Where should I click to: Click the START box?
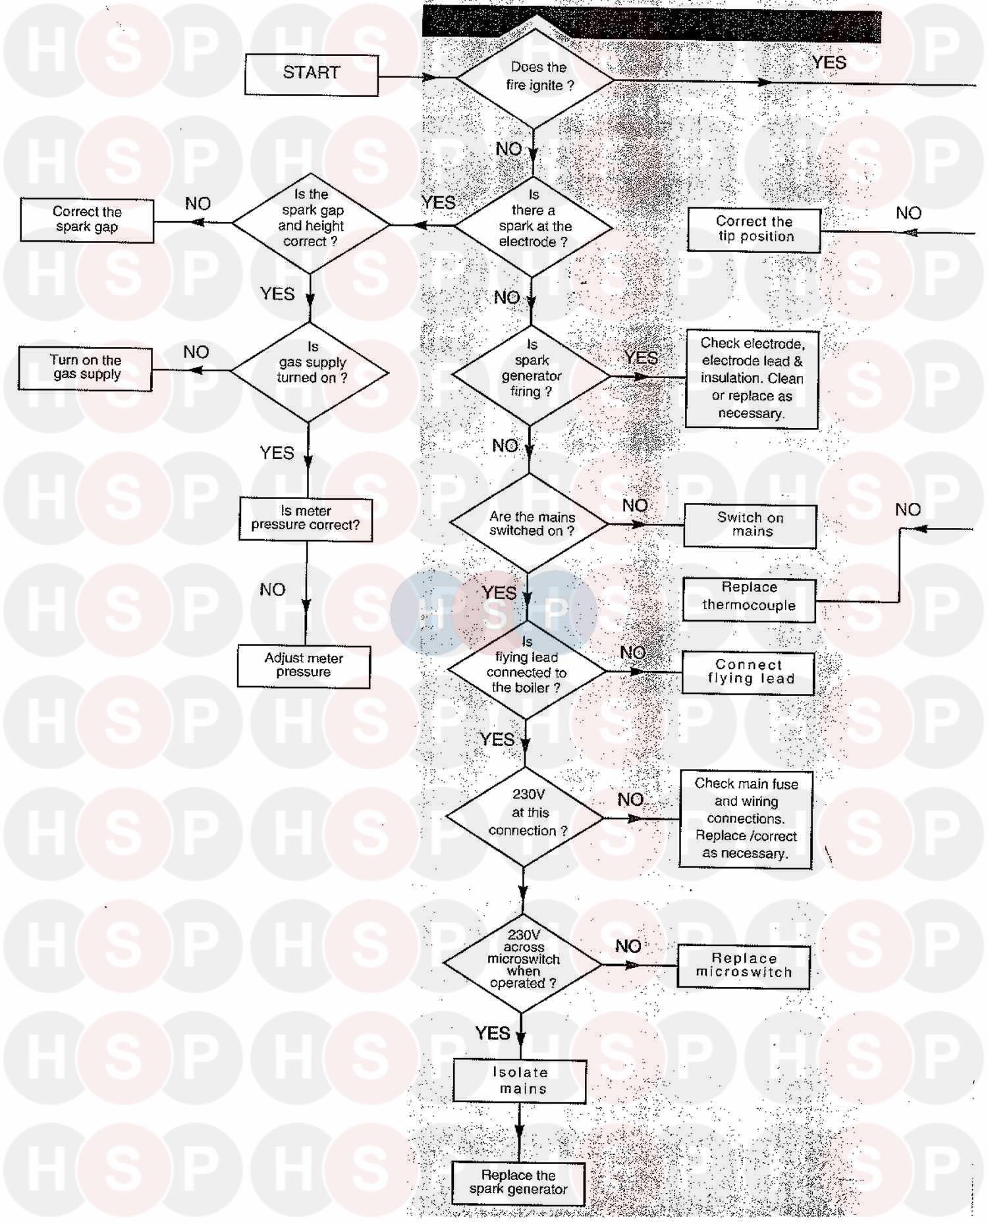click(312, 74)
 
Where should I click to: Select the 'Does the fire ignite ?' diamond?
click(535, 79)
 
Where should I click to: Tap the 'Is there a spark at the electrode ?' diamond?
click(534, 226)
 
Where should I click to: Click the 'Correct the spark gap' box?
click(87, 221)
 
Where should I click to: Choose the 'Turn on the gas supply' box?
click(85, 369)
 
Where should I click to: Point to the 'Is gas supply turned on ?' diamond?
click(309, 372)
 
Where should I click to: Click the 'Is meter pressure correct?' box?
click(306, 519)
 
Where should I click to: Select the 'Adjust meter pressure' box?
click(304, 666)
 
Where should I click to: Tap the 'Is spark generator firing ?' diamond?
click(532, 375)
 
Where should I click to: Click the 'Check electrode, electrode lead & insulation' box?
click(752, 380)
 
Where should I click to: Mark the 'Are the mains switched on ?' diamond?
click(529, 523)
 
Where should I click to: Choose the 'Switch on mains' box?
click(750, 526)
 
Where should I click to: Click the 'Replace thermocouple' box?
click(749, 600)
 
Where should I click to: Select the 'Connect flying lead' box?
click(748, 673)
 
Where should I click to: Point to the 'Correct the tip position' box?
click(754, 230)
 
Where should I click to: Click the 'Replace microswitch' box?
click(744, 967)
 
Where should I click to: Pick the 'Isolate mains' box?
click(520, 1081)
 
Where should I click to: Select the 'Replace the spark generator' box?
click(518, 1184)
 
